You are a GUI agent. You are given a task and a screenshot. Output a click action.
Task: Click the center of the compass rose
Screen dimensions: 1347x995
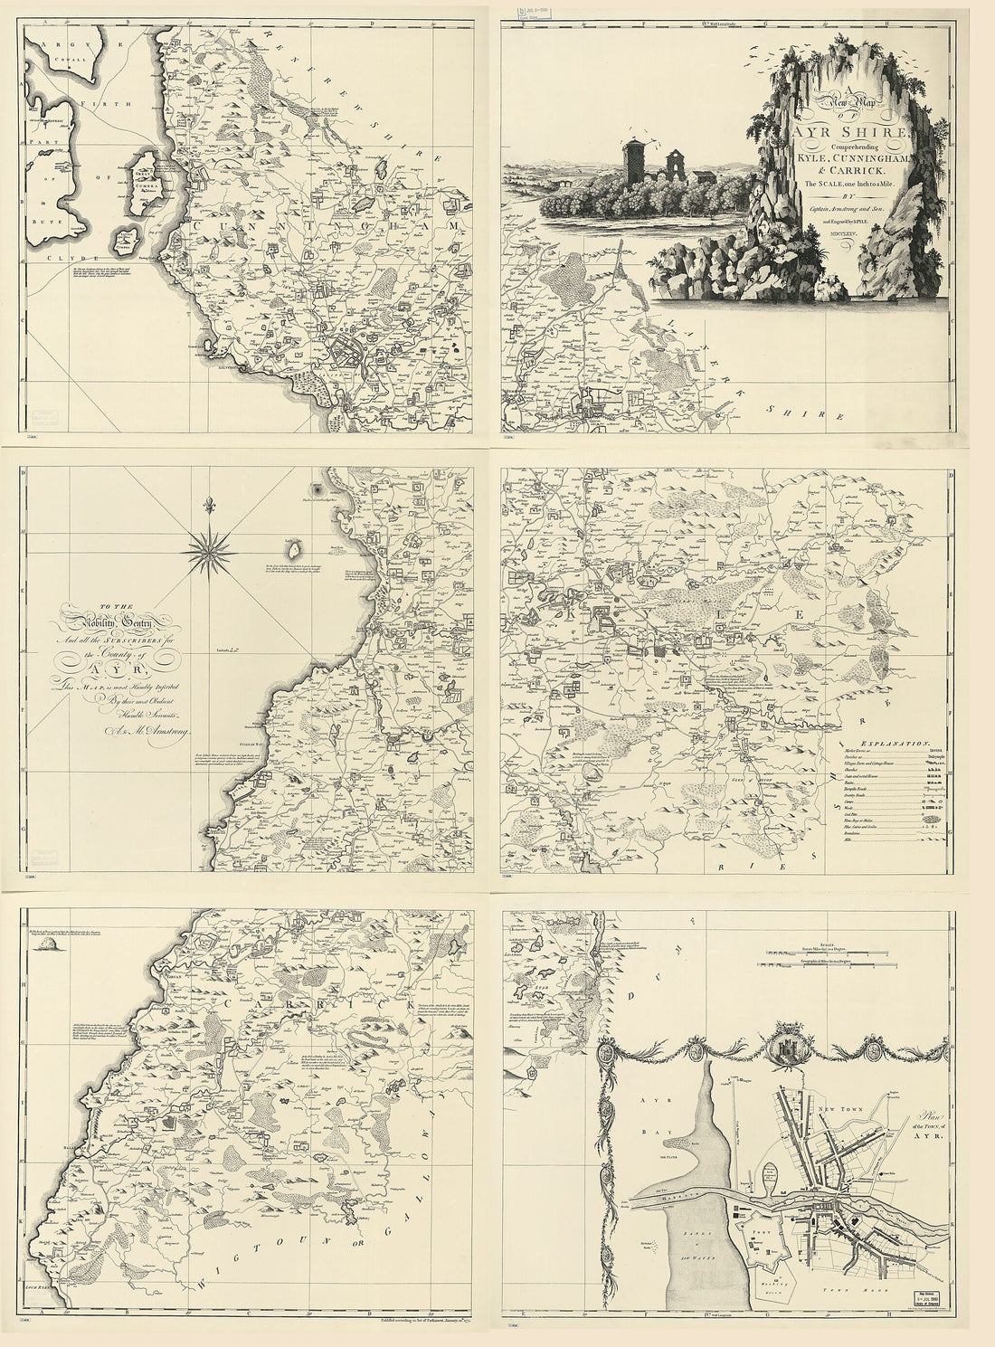tap(212, 549)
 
